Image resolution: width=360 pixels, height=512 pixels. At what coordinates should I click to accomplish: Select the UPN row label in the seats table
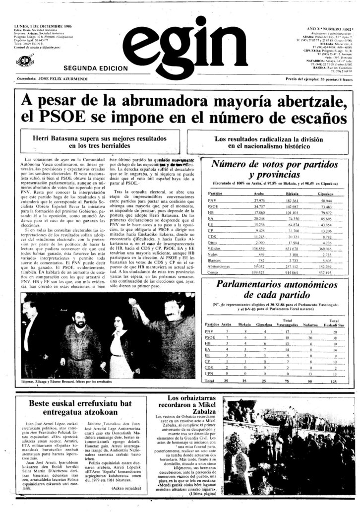pos(209,374)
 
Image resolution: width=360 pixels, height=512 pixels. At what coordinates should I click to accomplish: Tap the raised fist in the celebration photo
pos(133,301)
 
